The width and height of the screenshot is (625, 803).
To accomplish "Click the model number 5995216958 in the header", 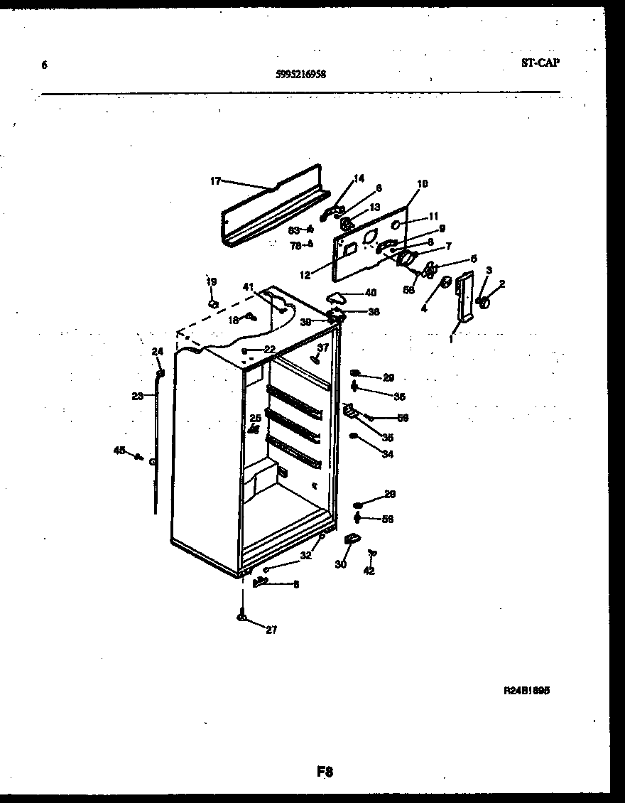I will [300, 73].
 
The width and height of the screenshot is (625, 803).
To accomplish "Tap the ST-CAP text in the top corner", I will [540, 63].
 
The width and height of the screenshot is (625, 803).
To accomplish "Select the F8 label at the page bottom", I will [325, 772].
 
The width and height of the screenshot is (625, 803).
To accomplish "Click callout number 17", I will [216, 181].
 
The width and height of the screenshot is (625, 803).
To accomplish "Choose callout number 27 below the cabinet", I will [271, 630].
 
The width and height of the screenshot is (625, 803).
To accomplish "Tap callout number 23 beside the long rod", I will [137, 397].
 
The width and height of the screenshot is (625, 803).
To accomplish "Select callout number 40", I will [371, 292].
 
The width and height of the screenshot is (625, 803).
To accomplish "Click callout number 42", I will [369, 571].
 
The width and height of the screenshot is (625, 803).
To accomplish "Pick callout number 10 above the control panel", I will [423, 184].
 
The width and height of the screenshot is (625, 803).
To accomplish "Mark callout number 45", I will [119, 449].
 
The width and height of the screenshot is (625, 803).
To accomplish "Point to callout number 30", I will [341, 565].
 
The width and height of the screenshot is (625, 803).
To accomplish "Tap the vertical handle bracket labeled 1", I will [465, 297].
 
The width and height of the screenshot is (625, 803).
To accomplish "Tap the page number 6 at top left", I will [44, 65].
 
